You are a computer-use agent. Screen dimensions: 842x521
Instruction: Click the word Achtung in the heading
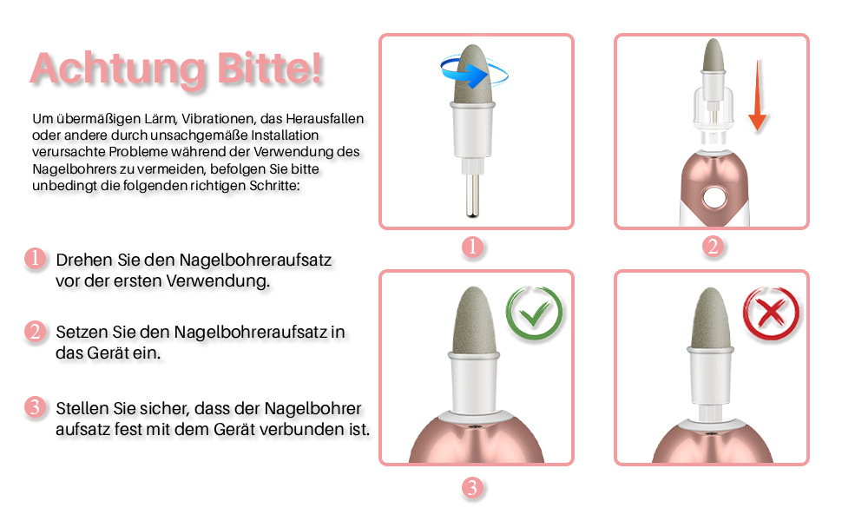tap(118, 69)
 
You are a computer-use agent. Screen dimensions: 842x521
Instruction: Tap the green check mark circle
tap(534, 313)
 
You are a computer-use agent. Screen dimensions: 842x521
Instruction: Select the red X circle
tap(771, 313)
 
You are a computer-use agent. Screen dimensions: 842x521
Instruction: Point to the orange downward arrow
tap(757, 96)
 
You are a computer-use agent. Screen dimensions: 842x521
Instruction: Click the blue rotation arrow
tap(472, 73)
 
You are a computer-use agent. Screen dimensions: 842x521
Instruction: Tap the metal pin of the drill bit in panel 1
tap(472, 195)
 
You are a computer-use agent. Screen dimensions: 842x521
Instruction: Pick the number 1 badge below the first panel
tap(472, 247)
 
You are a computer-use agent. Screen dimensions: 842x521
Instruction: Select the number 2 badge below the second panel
tap(713, 247)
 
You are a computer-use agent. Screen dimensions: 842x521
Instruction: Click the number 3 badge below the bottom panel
tap(472, 488)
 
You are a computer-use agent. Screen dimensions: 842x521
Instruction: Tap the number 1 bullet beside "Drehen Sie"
tap(35, 259)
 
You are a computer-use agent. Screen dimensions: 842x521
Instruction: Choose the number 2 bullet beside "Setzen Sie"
tap(35, 332)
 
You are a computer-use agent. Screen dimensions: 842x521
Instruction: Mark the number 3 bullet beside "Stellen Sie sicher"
tap(35, 407)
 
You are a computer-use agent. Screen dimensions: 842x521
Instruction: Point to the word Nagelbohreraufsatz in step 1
tap(255, 260)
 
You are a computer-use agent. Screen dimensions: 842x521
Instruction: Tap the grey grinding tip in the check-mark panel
tap(474, 320)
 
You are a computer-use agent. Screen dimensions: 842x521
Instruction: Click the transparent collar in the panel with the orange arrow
tap(713, 110)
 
